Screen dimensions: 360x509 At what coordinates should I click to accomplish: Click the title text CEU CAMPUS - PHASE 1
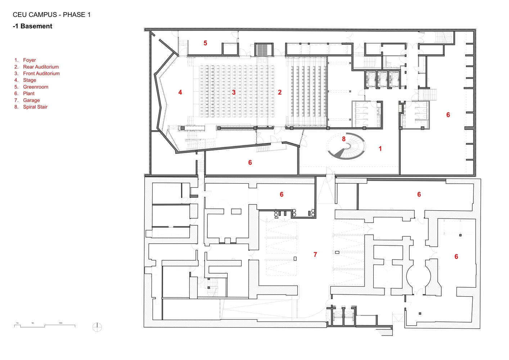[x=51, y=15]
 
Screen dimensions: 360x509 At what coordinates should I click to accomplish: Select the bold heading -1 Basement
[x=32, y=26]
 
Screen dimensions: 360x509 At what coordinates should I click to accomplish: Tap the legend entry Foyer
[x=29, y=60]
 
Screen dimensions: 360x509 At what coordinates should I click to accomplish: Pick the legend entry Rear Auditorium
[x=41, y=67]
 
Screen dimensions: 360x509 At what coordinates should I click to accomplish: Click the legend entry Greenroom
[x=35, y=87]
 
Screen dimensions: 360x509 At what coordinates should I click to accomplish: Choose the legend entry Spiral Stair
[x=35, y=107]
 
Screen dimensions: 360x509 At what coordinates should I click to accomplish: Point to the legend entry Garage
[x=31, y=100]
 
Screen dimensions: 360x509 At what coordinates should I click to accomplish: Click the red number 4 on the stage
[x=180, y=93]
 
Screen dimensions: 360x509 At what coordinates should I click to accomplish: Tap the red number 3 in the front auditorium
[x=234, y=93]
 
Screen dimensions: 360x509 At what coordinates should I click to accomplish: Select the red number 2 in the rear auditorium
[x=280, y=93]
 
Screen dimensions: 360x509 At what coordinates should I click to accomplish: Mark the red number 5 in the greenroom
[x=205, y=43]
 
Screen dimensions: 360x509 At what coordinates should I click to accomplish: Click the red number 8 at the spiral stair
[x=344, y=139]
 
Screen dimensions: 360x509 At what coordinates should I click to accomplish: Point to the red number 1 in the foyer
[x=380, y=149]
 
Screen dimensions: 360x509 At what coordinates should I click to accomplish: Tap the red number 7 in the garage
[x=315, y=255]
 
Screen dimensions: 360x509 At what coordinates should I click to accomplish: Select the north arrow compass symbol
[x=97, y=327]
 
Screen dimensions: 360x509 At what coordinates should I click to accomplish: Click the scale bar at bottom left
[x=45, y=325]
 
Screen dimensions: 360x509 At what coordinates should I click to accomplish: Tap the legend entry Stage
[x=30, y=80]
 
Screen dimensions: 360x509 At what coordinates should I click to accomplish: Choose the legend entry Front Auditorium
[x=41, y=73]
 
